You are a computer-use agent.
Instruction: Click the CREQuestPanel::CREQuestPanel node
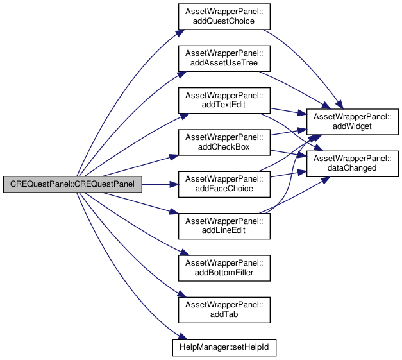click(x=72, y=184)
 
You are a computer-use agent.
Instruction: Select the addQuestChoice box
click(x=224, y=17)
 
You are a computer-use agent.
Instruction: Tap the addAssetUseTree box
click(x=224, y=58)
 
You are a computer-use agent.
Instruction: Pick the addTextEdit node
click(x=224, y=100)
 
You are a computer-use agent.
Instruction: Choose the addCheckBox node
click(x=224, y=142)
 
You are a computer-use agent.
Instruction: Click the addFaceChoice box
click(x=224, y=184)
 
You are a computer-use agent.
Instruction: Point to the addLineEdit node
click(x=224, y=226)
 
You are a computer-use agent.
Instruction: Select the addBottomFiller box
click(x=224, y=268)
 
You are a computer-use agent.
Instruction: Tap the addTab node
click(x=224, y=310)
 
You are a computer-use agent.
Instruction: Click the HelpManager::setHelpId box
click(x=224, y=348)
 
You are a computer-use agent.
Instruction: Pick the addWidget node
click(x=353, y=122)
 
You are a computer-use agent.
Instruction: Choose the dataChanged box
click(x=353, y=164)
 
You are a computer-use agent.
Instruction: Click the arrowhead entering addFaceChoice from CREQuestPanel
click(x=174, y=184)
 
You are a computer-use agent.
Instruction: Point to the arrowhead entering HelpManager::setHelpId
click(x=183, y=336)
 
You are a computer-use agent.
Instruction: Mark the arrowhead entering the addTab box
click(x=181, y=294)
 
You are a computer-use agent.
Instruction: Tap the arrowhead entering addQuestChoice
click(x=180, y=33)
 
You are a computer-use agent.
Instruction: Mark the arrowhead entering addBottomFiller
click(x=184, y=252)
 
